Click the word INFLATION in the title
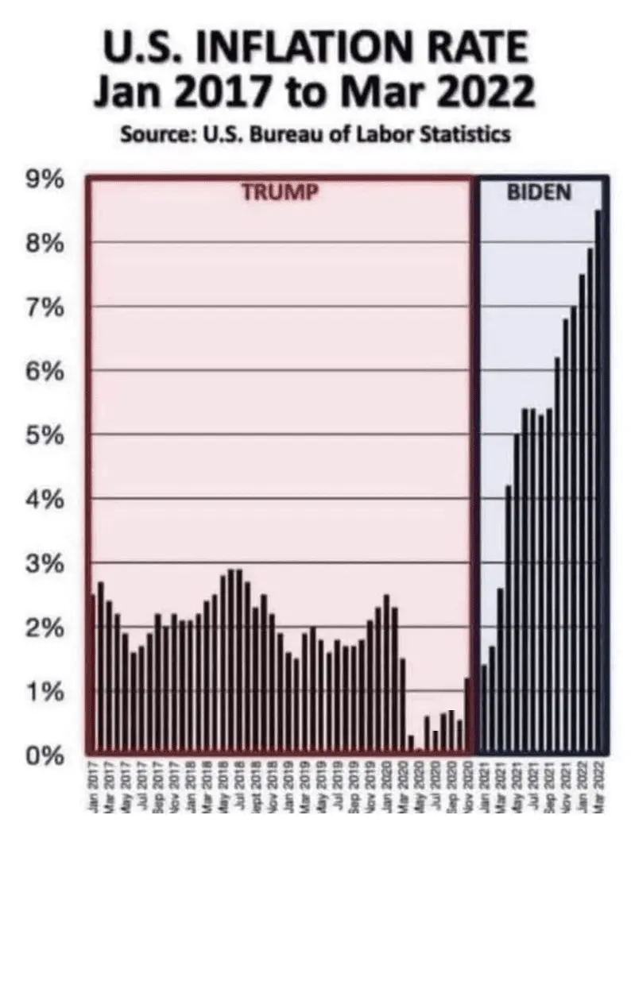(x=301, y=49)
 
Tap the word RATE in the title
(x=476, y=49)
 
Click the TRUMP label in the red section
(x=279, y=192)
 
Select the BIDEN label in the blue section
(x=539, y=192)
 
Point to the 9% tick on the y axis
(x=46, y=179)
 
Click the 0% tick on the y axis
(x=46, y=755)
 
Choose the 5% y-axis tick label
(x=46, y=435)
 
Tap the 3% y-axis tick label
(x=46, y=563)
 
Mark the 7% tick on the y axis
(x=46, y=307)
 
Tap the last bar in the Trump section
(x=467, y=715)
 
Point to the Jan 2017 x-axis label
(x=93, y=785)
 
